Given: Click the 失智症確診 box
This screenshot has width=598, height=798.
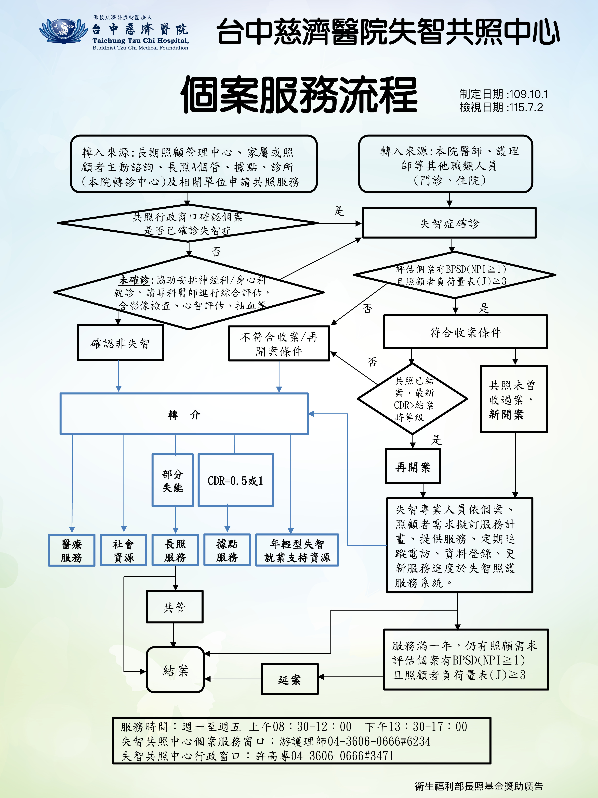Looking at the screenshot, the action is coord(449,223).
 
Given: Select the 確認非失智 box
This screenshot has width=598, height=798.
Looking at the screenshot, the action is coord(120,343).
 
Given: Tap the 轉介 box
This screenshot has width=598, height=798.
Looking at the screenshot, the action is coord(184,414).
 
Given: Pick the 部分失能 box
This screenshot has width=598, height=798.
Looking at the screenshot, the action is coord(173,480).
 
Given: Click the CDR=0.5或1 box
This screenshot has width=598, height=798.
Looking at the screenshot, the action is coord(236,480).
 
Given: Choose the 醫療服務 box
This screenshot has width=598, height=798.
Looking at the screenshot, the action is coord(72,550).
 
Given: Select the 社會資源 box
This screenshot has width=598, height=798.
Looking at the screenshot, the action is coord(124,550).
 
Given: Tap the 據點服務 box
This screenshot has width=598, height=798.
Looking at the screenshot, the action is coord(227,550).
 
